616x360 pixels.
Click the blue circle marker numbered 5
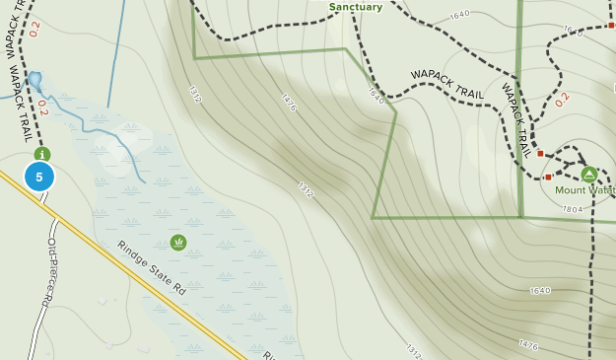pos(39,178)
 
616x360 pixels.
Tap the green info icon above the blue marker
pos(41,154)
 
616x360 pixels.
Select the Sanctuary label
pos(356,7)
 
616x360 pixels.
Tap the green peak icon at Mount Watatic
pos(589,174)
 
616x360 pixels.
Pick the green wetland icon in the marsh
pos(178,242)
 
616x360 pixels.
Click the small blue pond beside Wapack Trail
pos(35,79)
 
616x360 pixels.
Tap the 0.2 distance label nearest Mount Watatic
pos(562,100)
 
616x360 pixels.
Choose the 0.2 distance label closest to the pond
pos(43,108)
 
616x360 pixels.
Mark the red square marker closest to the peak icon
pos(548,178)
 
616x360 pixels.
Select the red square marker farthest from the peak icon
pos(611,25)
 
